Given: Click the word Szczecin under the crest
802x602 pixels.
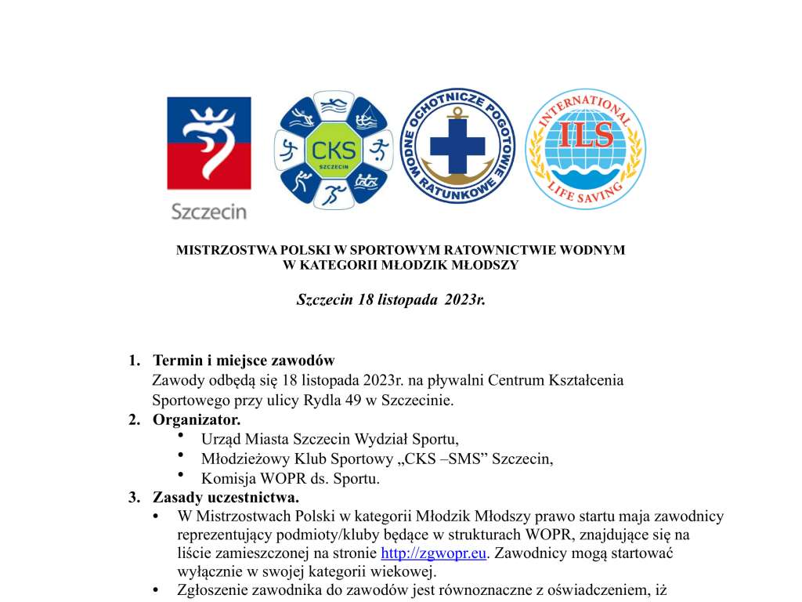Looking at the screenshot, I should pos(208,211).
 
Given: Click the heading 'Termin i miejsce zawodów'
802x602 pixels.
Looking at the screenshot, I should pos(244,361).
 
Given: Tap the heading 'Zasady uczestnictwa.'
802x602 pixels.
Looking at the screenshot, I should pos(226,497).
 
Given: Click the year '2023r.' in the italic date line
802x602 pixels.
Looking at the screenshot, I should pos(464,300).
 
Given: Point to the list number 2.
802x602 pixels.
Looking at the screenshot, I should pos(134,419).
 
